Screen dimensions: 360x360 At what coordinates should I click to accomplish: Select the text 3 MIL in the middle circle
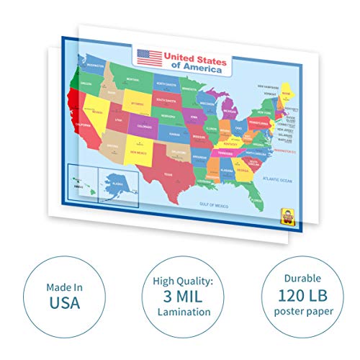point(179,295)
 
